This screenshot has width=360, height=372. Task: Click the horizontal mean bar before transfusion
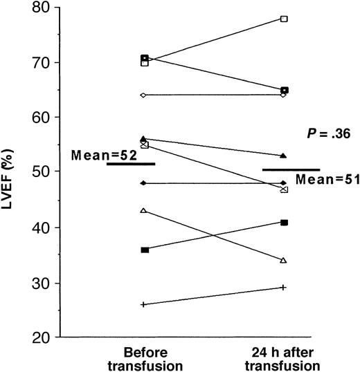pyautogui.click(x=131, y=164)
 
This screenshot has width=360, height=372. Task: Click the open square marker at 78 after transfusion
pyautogui.click(x=284, y=19)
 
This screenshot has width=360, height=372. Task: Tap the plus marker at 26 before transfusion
pyautogui.click(x=144, y=304)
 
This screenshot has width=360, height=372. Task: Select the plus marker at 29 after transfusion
pyautogui.click(x=284, y=287)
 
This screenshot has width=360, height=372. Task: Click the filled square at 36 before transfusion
pyautogui.click(x=144, y=250)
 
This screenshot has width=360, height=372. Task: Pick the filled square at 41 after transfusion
pyautogui.click(x=284, y=222)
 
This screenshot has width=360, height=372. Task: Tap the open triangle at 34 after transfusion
pyautogui.click(x=284, y=260)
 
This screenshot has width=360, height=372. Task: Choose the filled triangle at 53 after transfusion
pyautogui.click(x=284, y=156)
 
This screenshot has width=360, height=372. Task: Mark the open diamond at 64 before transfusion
pyautogui.click(x=144, y=95)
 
